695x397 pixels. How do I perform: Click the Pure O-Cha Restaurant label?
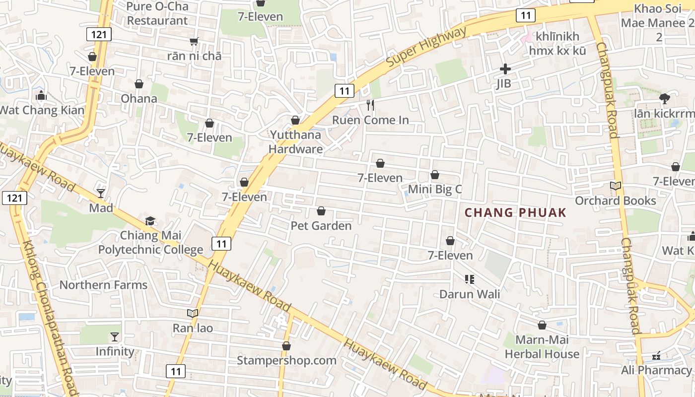click(157, 13)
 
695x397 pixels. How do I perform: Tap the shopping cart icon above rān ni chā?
click(194, 41)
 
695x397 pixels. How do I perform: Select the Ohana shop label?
click(139, 98)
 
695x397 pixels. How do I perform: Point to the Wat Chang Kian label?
click(42, 110)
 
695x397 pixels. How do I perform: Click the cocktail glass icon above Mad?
click(101, 193)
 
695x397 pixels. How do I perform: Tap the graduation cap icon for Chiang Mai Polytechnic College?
click(150, 221)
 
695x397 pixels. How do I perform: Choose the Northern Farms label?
click(103, 285)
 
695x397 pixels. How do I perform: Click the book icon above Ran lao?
click(193, 313)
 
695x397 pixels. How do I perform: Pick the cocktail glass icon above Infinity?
click(115, 337)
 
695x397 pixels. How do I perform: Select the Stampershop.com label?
click(286, 360)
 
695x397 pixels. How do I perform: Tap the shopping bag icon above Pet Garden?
click(321, 211)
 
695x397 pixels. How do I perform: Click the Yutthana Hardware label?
click(296, 142)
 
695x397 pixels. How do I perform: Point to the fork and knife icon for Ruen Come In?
click(370, 105)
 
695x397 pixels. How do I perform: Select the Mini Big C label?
click(435, 189)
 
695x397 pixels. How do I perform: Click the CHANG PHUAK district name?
click(515, 213)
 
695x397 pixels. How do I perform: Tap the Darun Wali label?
click(470, 294)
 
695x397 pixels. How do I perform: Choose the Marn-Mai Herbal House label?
click(542, 347)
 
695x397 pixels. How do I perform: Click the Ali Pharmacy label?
click(656, 370)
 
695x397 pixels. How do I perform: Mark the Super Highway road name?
click(426, 48)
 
